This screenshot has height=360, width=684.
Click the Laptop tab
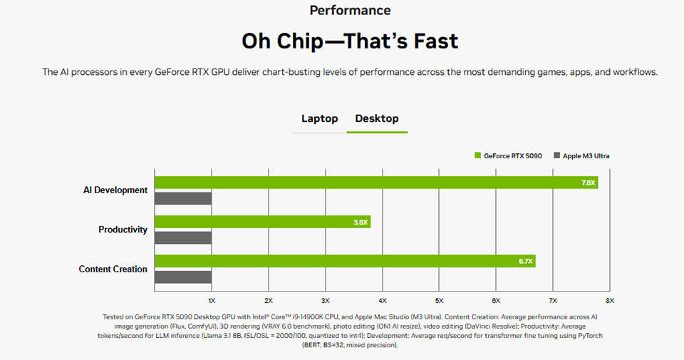click(319, 118)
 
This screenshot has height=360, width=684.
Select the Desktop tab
click(377, 118)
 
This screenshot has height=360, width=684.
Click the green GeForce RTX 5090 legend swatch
click(478, 155)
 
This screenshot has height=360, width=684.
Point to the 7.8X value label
click(589, 183)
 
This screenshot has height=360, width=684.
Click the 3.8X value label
click(361, 222)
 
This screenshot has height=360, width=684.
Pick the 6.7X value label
click(526, 262)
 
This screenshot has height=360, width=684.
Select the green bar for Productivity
click(262, 222)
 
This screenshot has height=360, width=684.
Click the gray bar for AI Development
click(183, 198)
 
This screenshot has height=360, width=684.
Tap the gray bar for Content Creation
click(183, 277)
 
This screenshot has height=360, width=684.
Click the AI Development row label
click(115, 190)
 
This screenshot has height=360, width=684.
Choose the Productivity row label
click(123, 230)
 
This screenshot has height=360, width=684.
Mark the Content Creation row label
click(113, 269)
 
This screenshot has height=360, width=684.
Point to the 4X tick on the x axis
click(382, 300)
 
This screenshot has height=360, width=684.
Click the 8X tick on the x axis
click(609, 300)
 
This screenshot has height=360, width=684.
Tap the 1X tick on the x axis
click(212, 300)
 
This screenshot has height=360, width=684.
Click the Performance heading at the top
click(350, 11)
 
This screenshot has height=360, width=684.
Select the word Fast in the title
click(432, 41)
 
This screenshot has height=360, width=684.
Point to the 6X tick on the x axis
click(496, 300)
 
